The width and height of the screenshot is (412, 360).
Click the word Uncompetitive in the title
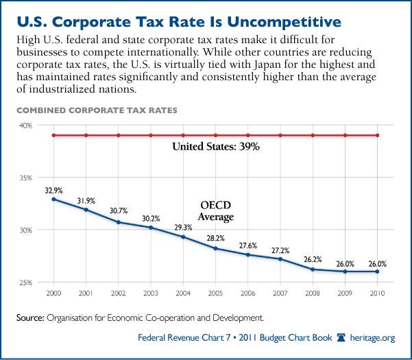point(284,22)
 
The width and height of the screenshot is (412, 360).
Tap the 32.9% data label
point(53,191)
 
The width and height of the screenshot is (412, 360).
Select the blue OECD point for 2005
point(215,248)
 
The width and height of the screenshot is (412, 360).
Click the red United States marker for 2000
point(53,135)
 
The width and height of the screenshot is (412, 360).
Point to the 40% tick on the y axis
point(25,125)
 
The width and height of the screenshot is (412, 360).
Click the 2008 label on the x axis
point(313,293)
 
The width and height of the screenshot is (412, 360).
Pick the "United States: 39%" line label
point(216,146)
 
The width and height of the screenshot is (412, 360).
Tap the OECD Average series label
point(216,211)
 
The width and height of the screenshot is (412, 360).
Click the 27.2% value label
point(280,251)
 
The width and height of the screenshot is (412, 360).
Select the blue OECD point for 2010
point(377,272)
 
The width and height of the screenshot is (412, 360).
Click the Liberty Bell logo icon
point(341,337)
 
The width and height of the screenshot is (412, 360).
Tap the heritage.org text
point(372,338)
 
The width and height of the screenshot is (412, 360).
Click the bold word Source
point(30,317)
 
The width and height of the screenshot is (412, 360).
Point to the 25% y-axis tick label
point(25,283)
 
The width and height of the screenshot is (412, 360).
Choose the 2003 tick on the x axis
point(151,293)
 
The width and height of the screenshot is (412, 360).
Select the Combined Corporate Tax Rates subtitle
point(97,110)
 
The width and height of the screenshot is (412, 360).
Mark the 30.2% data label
point(151,219)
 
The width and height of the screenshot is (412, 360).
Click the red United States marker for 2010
point(377,135)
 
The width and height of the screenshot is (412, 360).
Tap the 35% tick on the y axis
point(25,178)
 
